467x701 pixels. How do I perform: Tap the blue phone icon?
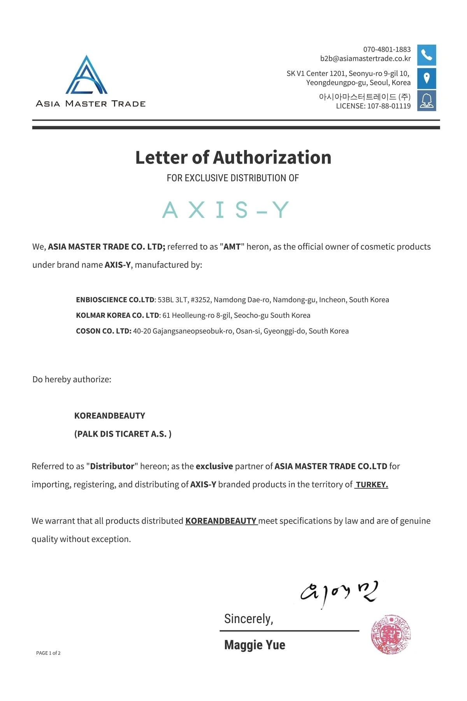pyautogui.click(x=427, y=55)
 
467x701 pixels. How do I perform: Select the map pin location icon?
pyautogui.click(x=427, y=78)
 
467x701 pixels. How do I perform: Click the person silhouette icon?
pyautogui.click(x=427, y=100)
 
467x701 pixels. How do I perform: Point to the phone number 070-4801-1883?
pyautogui.click(x=387, y=49)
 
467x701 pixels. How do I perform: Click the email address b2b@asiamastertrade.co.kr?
pyautogui.click(x=365, y=58)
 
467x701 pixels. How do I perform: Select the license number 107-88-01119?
pyautogui.click(x=389, y=106)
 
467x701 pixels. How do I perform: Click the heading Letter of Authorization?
pyautogui.click(x=233, y=157)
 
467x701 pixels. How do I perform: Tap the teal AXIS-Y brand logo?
pyautogui.click(x=226, y=210)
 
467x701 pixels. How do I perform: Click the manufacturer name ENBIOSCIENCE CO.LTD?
pyautogui.click(x=115, y=300)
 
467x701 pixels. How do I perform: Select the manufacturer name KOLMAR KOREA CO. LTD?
pyautogui.click(x=118, y=315)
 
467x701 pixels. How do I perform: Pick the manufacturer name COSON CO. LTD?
pyautogui.click(x=104, y=331)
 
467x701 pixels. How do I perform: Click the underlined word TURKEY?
pyautogui.click(x=372, y=484)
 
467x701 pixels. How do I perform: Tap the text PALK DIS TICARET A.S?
pyautogui.click(x=123, y=434)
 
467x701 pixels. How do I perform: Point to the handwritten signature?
pyautogui.click(x=339, y=593)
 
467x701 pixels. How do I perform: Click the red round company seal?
pyautogui.click(x=391, y=634)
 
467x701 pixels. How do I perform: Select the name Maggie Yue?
pyautogui.click(x=255, y=645)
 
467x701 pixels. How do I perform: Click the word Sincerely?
pyautogui.click(x=248, y=619)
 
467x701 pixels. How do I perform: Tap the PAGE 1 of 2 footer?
pyautogui.click(x=48, y=653)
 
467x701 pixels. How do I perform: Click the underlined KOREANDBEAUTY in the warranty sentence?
pyautogui.click(x=221, y=521)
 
